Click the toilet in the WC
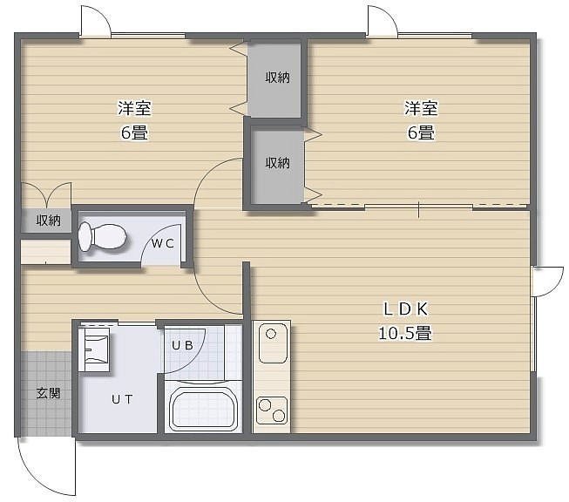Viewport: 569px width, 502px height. click(x=102, y=237)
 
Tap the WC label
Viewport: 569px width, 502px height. click(x=162, y=243)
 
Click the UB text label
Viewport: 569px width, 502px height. click(x=182, y=345)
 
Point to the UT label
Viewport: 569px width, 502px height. click(x=122, y=400)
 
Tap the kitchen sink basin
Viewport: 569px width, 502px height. click(x=273, y=343)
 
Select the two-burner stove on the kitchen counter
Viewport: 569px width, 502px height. click(x=272, y=410)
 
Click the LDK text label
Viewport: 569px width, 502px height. click(x=406, y=309)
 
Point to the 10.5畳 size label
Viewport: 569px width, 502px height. click(x=405, y=333)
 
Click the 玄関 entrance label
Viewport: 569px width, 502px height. click(x=48, y=393)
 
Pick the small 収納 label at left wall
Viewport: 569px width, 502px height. click(x=48, y=220)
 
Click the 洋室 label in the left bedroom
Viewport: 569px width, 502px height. click(x=134, y=108)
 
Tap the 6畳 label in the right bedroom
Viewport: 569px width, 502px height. click(x=421, y=132)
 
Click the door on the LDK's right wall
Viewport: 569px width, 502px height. click(x=547, y=282)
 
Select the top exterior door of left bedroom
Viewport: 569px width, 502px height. click(x=96, y=21)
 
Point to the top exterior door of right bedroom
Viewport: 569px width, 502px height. click(x=383, y=21)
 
